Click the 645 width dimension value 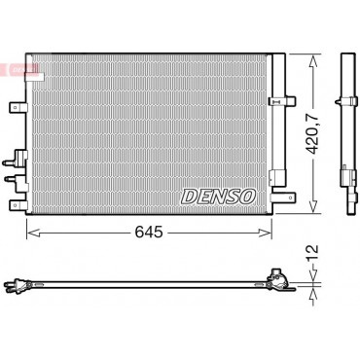149,233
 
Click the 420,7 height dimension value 313,134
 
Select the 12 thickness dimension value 312,254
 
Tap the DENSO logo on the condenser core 219,197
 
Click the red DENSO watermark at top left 19,69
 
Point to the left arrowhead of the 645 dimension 33,233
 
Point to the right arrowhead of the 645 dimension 265,233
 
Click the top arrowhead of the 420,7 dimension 313,62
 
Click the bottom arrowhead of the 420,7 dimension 313,206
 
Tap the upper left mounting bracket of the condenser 18,107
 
